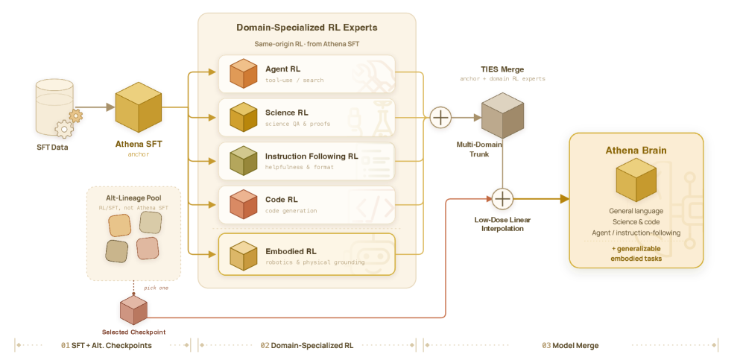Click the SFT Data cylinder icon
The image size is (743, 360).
coord(54,107)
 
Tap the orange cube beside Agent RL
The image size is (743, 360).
coord(243,74)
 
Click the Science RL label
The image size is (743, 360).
coord(286,113)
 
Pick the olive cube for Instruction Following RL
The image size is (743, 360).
coord(243,160)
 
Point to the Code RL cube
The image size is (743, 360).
coord(243,204)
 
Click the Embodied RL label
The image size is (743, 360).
coord(291,251)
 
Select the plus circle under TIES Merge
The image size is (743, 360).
coord(440,117)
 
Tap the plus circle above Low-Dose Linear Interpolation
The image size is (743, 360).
coord(502,199)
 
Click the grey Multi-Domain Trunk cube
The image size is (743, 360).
coord(502,116)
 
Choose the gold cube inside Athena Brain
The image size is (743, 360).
coord(636,180)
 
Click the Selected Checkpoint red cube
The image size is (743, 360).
coord(133,310)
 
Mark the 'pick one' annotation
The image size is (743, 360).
coord(156,288)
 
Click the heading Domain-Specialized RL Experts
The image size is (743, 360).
coord(306,28)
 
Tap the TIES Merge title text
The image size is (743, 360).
coord(502,69)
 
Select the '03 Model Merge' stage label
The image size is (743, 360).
coord(570,345)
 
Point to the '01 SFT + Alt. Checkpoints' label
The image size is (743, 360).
coord(106,345)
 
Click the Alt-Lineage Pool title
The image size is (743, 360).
coord(133,198)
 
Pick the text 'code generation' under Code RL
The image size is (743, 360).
coord(291,211)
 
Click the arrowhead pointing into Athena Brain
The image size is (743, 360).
coord(564,199)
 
